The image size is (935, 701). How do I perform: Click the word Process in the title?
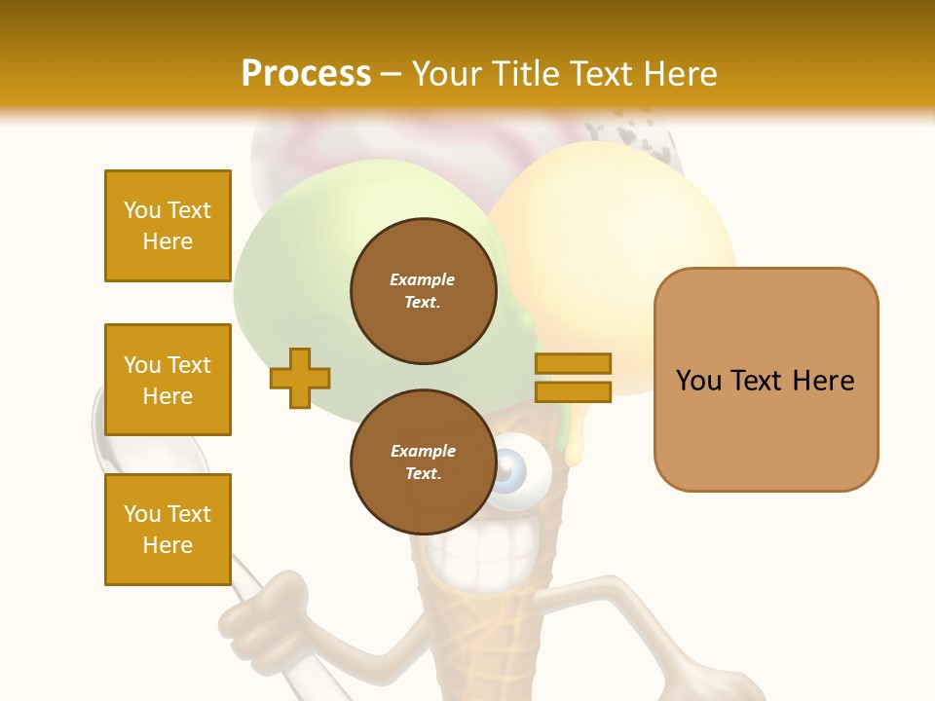[306, 73]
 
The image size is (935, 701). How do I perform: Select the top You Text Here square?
[168, 226]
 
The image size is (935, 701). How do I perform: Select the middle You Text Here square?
[168, 380]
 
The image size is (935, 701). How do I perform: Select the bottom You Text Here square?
[168, 529]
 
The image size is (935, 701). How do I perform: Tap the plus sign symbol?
[300, 378]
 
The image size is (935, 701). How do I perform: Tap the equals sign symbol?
[573, 378]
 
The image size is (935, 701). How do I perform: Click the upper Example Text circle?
[423, 291]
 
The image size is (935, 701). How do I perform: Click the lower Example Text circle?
[423, 462]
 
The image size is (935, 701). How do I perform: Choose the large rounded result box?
[766, 380]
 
